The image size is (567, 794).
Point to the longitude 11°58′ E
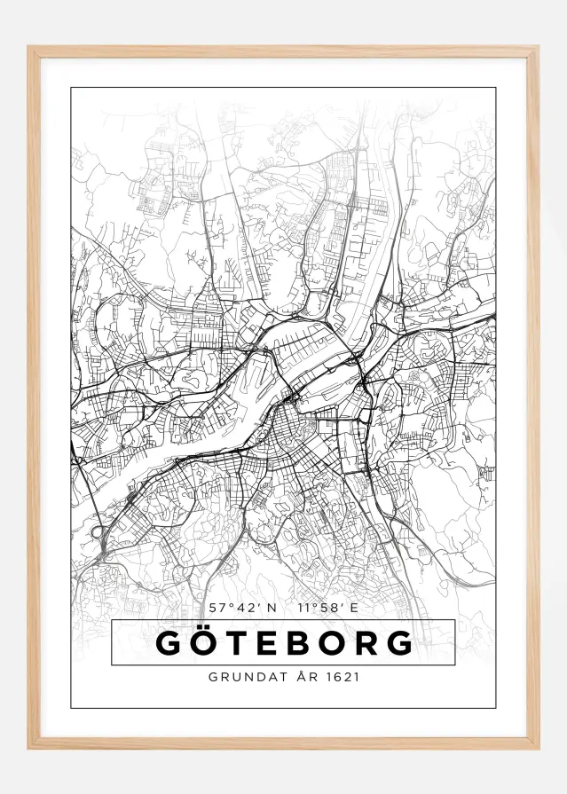coord(328,608)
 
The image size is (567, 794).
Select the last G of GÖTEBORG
coord(399,643)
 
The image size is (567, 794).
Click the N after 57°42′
coord(272,608)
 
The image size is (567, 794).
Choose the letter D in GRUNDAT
coord(256,676)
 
